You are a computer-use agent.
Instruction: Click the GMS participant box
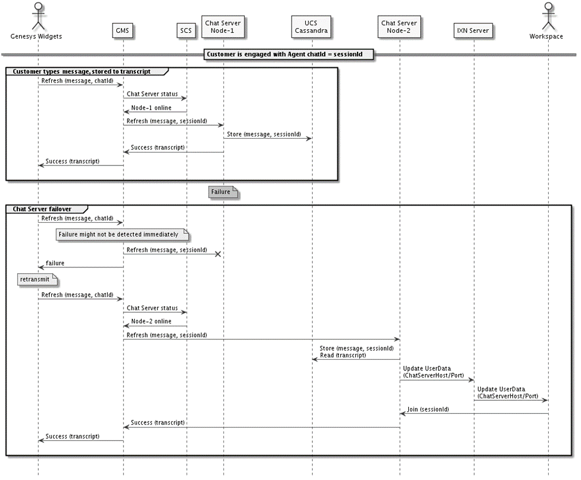click(122, 30)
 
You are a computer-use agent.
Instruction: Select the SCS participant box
click(186, 30)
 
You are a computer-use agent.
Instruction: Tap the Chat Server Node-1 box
click(223, 27)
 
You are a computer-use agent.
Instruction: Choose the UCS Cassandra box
click(312, 27)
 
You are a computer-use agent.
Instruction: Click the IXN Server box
click(473, 30)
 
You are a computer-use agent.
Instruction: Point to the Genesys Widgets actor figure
click(37, 15)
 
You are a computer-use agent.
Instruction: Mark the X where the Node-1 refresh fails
click(218, 254)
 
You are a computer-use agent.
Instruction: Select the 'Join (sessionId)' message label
click(428, 410)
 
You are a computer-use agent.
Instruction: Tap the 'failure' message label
click(55, 263)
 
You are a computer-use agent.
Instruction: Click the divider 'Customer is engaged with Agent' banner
click(289, 54)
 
